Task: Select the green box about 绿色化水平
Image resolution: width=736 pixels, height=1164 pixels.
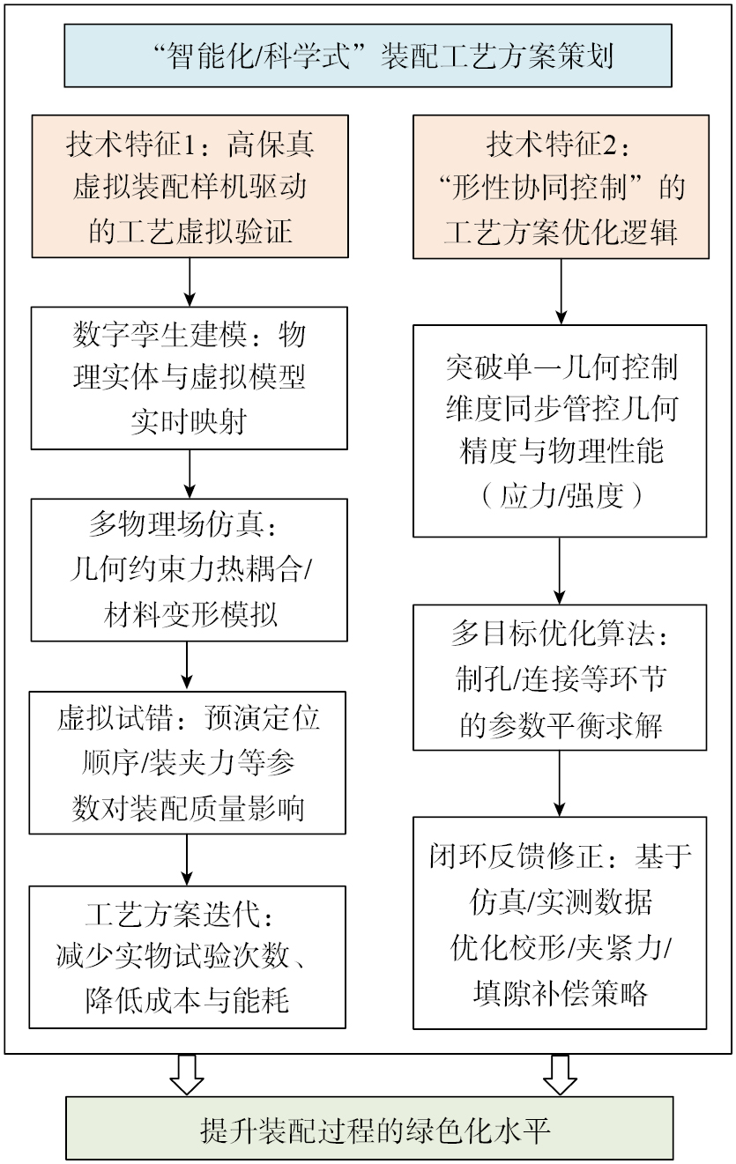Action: (368, 1129)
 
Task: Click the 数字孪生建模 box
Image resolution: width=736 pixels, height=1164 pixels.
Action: (190, 378)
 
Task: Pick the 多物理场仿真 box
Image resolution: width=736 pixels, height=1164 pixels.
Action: (190, 570)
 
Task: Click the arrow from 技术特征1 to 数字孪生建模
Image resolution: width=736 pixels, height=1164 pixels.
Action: (190, 284)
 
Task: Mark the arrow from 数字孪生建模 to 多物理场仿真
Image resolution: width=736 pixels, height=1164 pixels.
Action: (190, 475)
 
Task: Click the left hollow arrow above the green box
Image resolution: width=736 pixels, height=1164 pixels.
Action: (187, 1074)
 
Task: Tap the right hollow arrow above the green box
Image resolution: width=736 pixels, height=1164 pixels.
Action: (559, 1074)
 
